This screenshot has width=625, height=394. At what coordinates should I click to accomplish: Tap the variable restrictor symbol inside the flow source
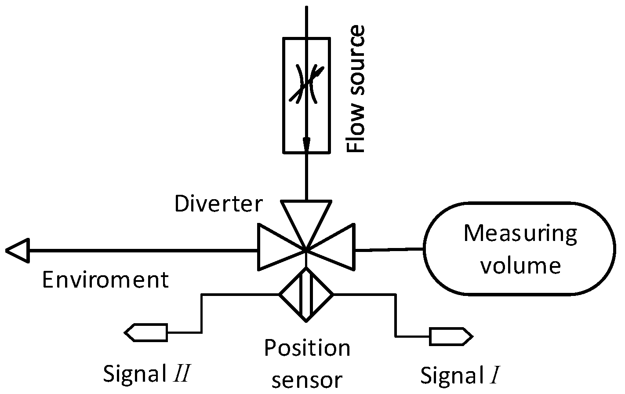(x=306, y=84)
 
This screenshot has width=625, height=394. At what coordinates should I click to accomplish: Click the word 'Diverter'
(x=218, y=204)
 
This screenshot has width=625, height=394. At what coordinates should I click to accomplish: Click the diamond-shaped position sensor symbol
(x=306, y=294)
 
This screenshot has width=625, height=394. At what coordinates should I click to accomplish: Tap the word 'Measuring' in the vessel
(x=520, y=233)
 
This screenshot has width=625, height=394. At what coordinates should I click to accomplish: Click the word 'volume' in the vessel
(x=520, y=266)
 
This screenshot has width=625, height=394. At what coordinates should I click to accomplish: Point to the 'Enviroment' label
(x=105, y=280)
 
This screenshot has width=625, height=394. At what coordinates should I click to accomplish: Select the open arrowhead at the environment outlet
(x=18, y=251)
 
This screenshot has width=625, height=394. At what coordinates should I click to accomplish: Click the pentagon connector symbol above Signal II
(x=146, y=332)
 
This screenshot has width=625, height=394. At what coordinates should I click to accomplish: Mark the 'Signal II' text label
(x=146, y=374)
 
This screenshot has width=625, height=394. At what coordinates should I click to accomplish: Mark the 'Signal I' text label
(x=460, y=376)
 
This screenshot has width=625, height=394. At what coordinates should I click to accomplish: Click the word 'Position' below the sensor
(x=307, y=348)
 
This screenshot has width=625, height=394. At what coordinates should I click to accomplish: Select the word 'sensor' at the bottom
(x=307, y=379)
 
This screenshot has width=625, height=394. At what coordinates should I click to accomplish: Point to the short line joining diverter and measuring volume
(x=389, y=250)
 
